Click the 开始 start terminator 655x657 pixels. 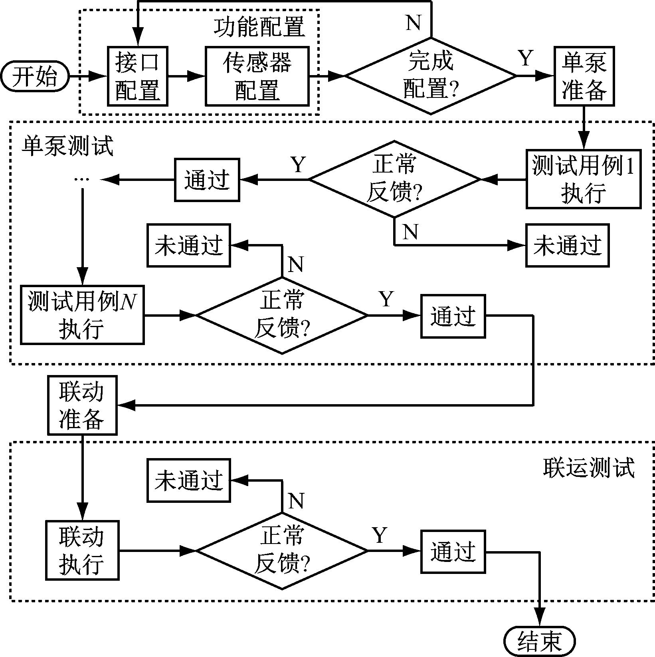[x=35, y=76]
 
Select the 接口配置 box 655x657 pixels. [x=138, y=76]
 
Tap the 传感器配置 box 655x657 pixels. [x=257, y=76]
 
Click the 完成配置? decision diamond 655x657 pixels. [x=431, y=76]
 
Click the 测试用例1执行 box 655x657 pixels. [x=584, y=179]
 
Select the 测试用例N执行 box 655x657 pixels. [x=82, y=315]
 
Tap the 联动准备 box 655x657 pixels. [x=82, y=405]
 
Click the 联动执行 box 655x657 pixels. [x=82, y=550]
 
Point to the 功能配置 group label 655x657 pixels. [x=259, y=27]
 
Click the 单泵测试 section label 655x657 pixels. [x=67, y=146]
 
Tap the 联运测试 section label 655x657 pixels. [x=589, y=467]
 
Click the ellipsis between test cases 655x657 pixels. [x=82, y=180]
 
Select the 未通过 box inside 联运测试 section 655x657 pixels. [x=188, y=480]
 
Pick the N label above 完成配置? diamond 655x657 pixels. [x=414, y=23]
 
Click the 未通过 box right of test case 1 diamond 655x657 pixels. [x=567, y=245]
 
